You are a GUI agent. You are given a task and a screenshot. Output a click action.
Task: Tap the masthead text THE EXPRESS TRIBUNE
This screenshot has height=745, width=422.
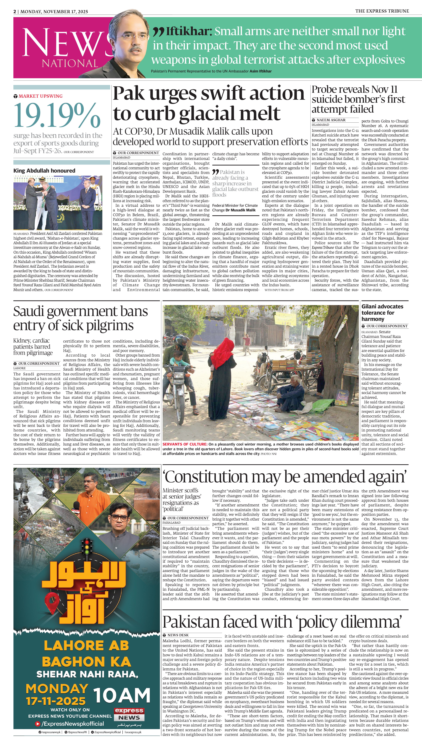pyautogui.click(x=382, y=11)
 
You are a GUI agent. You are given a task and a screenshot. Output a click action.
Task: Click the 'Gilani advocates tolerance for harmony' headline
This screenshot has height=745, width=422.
pyautogui.click(x=382, y=313)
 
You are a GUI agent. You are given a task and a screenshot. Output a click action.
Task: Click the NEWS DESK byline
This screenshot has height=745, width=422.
pyautogui.click(x=178, y=635)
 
